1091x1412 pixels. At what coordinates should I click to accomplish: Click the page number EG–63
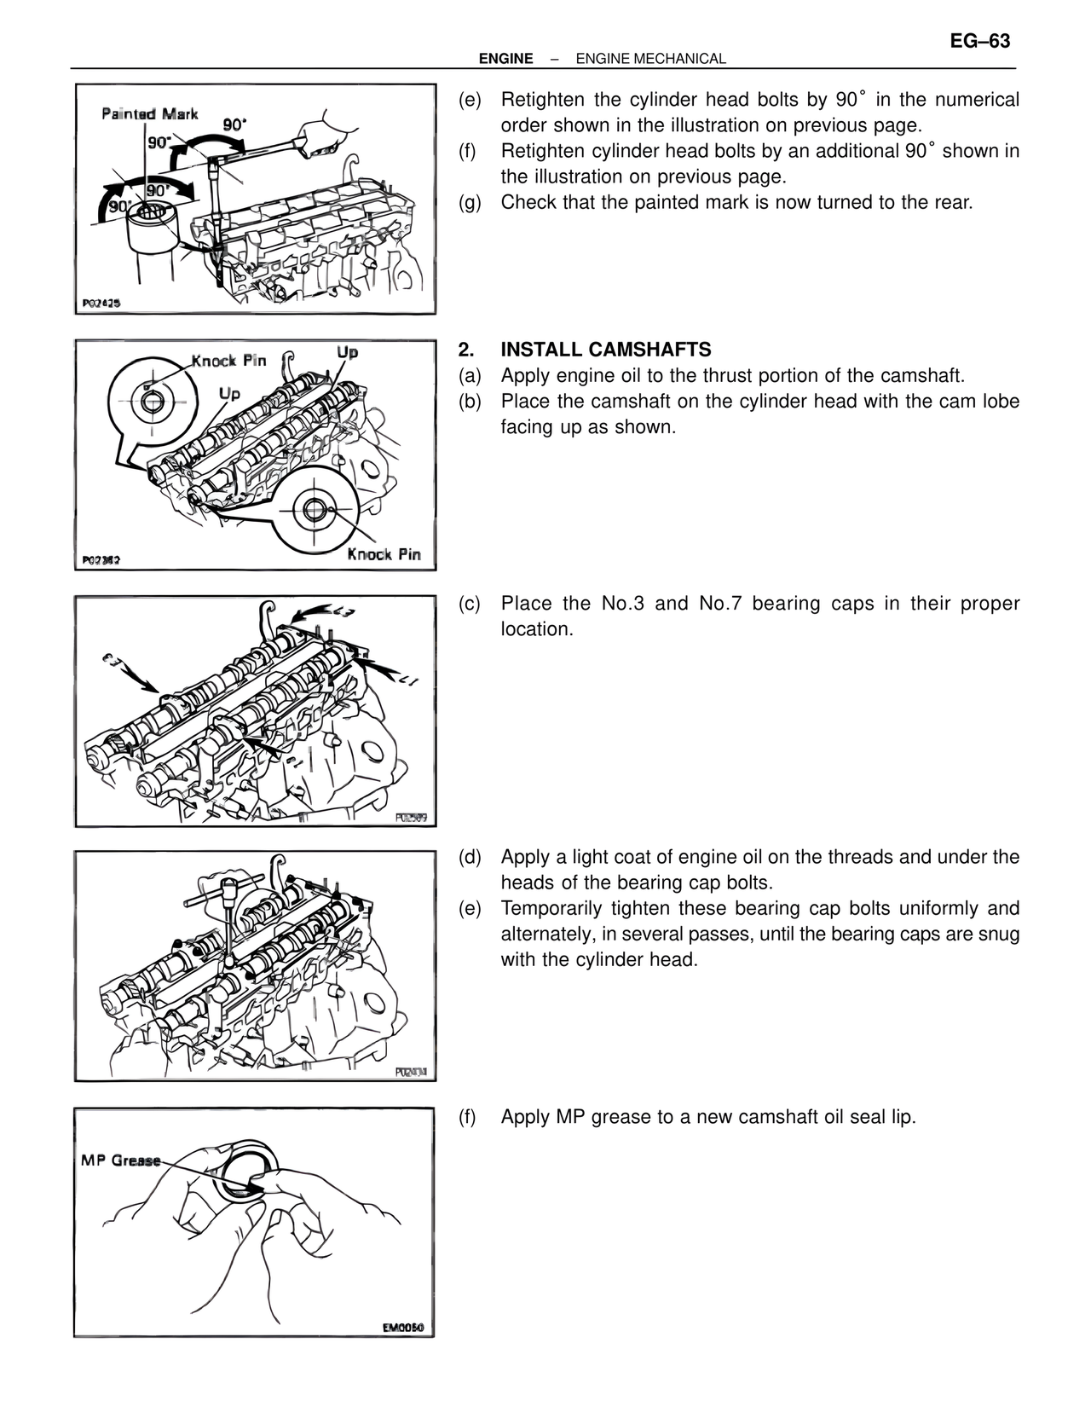coord(979,41)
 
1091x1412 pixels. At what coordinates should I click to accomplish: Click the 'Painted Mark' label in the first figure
coord(149,113)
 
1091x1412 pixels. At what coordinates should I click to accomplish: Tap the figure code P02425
coord(101,303)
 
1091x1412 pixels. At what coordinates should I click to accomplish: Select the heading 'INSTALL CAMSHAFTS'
coord(605,350)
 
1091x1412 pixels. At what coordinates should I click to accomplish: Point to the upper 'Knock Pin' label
coord(228,360)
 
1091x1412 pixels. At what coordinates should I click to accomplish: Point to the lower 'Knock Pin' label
coord(384,554)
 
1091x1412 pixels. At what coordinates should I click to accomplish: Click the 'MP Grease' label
coord(120,1160)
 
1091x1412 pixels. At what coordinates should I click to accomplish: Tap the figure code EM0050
coord(402,1327)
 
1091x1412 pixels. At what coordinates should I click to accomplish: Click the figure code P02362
coord(101,560)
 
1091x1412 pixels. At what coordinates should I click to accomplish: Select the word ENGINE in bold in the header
coord(505,59)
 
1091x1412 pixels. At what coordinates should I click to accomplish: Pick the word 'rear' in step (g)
coord(950,203)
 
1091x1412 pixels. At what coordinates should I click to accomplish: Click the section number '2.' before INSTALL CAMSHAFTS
coord(465,350)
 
